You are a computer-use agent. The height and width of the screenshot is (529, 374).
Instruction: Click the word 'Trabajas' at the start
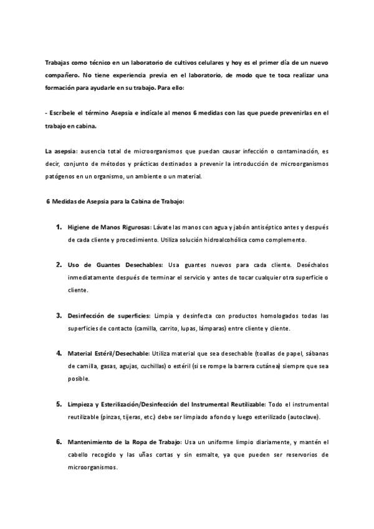58,64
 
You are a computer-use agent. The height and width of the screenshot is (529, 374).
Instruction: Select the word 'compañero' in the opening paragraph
64,75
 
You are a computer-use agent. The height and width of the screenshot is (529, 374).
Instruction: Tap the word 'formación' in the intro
62,87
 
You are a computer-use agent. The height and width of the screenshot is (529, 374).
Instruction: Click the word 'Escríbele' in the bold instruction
64,113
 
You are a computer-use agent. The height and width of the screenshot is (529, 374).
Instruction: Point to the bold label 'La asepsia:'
61,152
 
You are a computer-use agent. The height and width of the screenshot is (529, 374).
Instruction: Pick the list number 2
59,264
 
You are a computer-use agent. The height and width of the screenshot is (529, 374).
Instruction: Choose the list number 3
59,315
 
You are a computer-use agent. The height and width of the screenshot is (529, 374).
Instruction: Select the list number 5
59,404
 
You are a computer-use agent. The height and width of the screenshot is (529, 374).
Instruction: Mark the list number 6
59,442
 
